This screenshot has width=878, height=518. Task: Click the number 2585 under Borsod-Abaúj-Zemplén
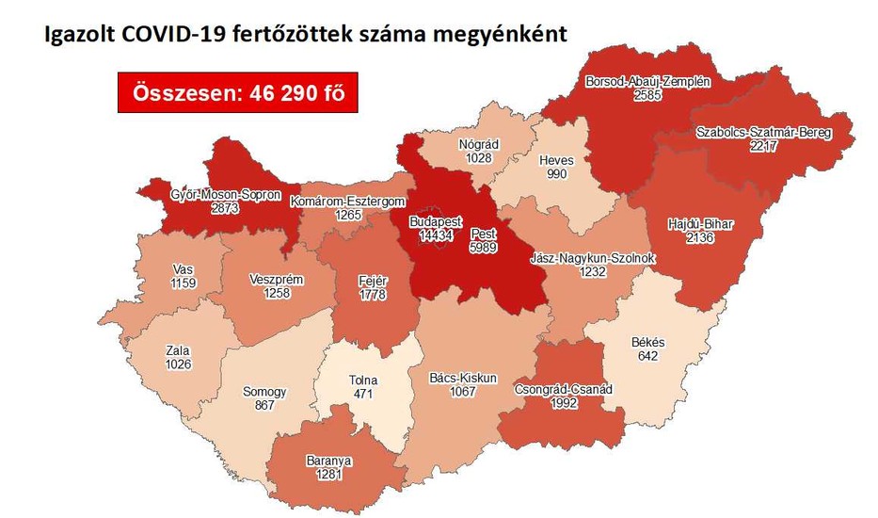click(x=647, y=95)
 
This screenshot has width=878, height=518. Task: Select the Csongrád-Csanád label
click(x=564, y=388)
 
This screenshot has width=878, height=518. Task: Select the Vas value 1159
click(x=183, y=282)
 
